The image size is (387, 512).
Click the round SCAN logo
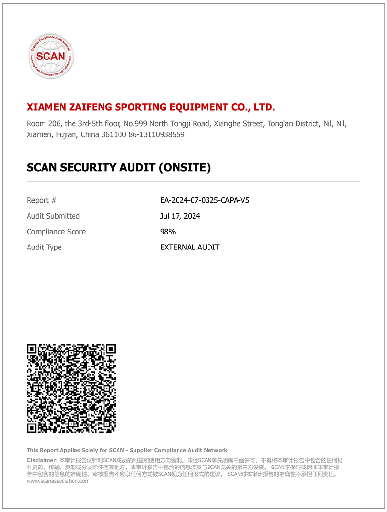point(51,56)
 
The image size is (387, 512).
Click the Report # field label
point(42,200)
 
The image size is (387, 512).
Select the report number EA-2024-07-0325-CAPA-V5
point(205,200)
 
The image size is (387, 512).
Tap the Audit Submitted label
point(53,216)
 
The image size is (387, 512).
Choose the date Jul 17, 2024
point(180,216)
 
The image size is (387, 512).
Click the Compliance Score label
point(56,232)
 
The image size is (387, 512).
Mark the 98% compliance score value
point(168,232)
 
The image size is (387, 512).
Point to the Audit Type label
point(44,247)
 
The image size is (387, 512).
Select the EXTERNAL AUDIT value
point(190,247)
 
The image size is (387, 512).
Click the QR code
point(71,388)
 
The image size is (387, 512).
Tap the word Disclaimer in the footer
point(41,460)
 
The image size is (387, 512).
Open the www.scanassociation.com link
point(58,481)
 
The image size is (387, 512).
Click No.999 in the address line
point(161,124)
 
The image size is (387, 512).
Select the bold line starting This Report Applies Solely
point(127,450)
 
